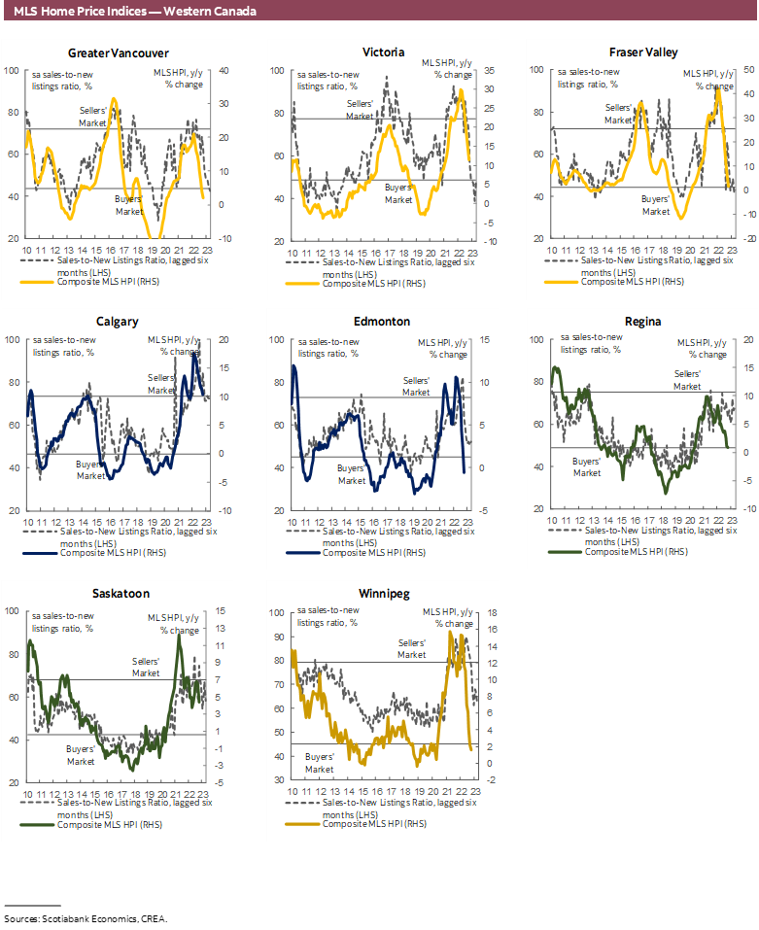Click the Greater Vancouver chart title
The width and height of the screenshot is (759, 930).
[x=118, y=52]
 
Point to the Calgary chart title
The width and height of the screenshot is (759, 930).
[x=118, y=322]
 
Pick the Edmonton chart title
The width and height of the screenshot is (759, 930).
[x=382, y=322]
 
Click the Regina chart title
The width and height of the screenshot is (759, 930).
[x=644, y=322]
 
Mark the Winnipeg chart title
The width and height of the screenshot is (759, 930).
[x=382, y=593]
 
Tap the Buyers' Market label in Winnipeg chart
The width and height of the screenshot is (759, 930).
[x=321, y=762]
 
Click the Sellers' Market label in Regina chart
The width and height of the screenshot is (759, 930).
[x=687, y=380]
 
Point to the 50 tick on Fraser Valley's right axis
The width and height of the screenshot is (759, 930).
[x=721, y=70]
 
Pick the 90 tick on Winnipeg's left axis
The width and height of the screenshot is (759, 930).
[x=277, y=637]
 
